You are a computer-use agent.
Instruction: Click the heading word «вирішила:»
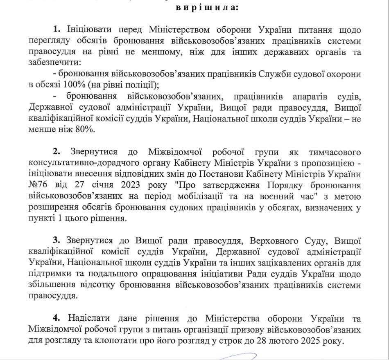(x=204, y=7)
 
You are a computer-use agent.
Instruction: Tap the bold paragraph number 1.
(x=57, y=30)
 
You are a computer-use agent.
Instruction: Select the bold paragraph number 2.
(x=57, y=153)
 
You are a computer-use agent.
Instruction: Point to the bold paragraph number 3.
(x=57, y=240)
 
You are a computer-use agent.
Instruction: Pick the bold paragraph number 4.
(x=57, y=318)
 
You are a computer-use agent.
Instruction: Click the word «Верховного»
(x=274, y=240)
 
